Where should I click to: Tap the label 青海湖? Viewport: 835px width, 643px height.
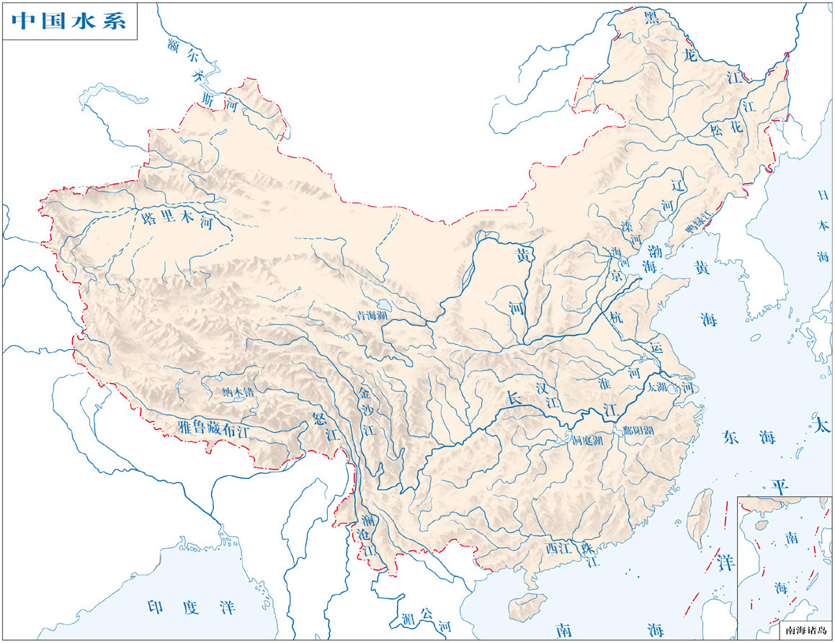coord(372,315)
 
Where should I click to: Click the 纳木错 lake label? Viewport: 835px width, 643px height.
coord(238,392)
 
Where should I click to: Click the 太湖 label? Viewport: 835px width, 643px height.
coord(658,387)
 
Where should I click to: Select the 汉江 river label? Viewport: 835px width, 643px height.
coord(548,395)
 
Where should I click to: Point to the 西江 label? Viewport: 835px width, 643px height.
coord(558,548)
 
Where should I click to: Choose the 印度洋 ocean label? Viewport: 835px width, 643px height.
coord(191,607)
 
